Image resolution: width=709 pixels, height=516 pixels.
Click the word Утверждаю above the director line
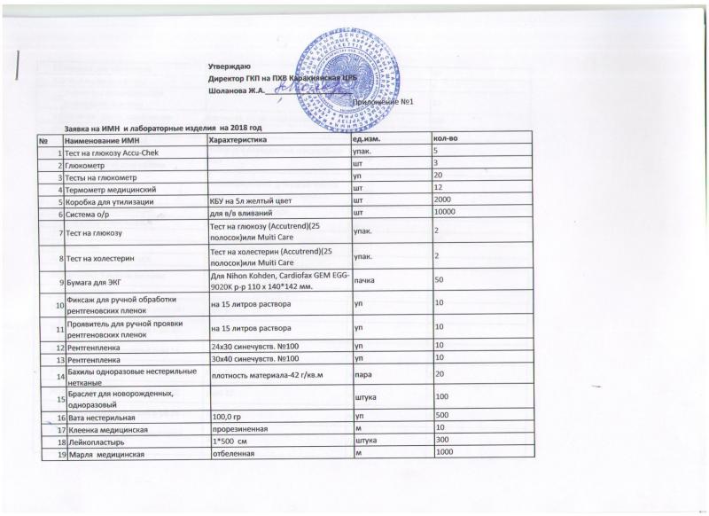229,66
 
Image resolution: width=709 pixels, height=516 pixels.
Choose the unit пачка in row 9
364,281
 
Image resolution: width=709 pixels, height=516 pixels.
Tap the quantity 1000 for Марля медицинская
443,453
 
